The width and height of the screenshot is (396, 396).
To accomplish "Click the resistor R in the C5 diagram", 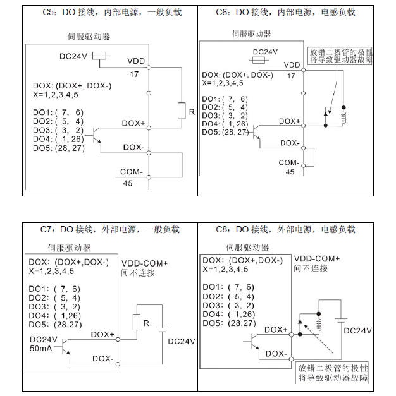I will tap(182, 111).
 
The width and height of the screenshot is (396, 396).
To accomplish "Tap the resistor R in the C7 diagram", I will tap(135, 322).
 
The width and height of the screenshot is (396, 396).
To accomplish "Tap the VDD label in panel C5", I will tap(136, 61).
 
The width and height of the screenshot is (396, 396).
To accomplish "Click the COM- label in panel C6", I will tap(288, 162).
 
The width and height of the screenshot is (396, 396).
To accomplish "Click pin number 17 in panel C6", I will tap(291, 76).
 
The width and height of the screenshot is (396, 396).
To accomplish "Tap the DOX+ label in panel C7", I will tap(103, 335).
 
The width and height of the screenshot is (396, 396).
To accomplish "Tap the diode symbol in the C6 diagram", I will tap(325, 114).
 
